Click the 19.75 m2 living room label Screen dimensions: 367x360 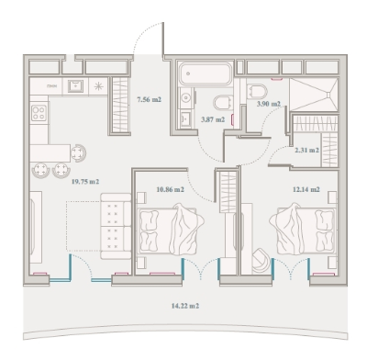(x=85, y=182)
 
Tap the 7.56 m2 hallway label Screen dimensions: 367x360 (x=149, y=99)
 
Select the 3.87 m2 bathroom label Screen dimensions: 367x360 (x=213, y=119)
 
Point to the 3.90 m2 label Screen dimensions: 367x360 (x=269, y=104)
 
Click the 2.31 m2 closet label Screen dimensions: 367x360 (x=307, y=151)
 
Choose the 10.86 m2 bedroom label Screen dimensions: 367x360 (x=171, y=189)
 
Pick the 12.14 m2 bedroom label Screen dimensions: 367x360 (x=306, y=189)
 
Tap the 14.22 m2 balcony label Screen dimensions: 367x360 (x=185, y=306)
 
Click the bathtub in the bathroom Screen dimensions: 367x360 (x=206, y=73)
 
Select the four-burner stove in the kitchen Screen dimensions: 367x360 (x=39, y=113)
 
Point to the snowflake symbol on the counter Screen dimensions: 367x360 (x=98, y=86)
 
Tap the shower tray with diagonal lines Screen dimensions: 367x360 (x=314, y=94)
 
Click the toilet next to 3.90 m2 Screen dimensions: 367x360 (x=258, y=91)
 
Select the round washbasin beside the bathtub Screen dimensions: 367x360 (x=185, y=97)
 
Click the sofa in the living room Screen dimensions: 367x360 (x=116, y=226)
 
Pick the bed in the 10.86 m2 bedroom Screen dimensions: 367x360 (x=170, y=229)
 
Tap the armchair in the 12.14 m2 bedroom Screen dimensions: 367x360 (x=261, y=260)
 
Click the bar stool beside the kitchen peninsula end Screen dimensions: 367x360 (x=79, y=152)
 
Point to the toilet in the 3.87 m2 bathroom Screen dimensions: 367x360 (x=223, y=103)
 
